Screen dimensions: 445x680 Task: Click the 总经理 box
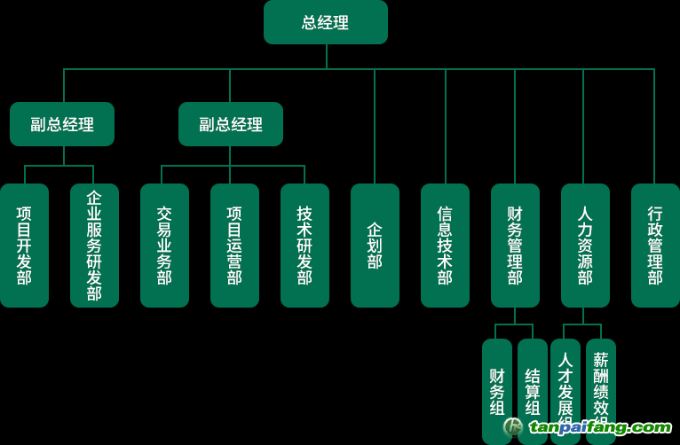(x=326, y=22)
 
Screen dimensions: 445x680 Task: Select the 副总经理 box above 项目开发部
(x=62, y=124)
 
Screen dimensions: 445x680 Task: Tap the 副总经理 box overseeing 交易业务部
(x=231, y=124)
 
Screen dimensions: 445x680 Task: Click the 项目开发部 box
(x=24, y=246)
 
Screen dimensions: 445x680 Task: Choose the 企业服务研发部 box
(x=94, y=246)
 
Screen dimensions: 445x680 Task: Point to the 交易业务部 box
(x=164, y=246)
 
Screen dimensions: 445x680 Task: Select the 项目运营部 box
(x=234, y=246)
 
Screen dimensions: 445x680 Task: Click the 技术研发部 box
(x=304, y=246)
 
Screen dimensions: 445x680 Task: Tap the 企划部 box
(x=375, y=246)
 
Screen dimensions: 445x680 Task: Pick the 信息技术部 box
(x=445, y=246)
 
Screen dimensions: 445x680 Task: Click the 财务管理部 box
(x=515, y=246)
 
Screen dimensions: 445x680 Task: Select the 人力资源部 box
(x=585, y=246)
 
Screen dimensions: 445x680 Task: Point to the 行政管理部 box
(x=655, y=246)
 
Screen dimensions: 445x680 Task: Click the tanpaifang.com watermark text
(x=601, y=428)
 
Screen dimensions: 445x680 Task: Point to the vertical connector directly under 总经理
(x=327, y=56)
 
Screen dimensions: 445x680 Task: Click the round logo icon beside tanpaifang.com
(x=514, y=427)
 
